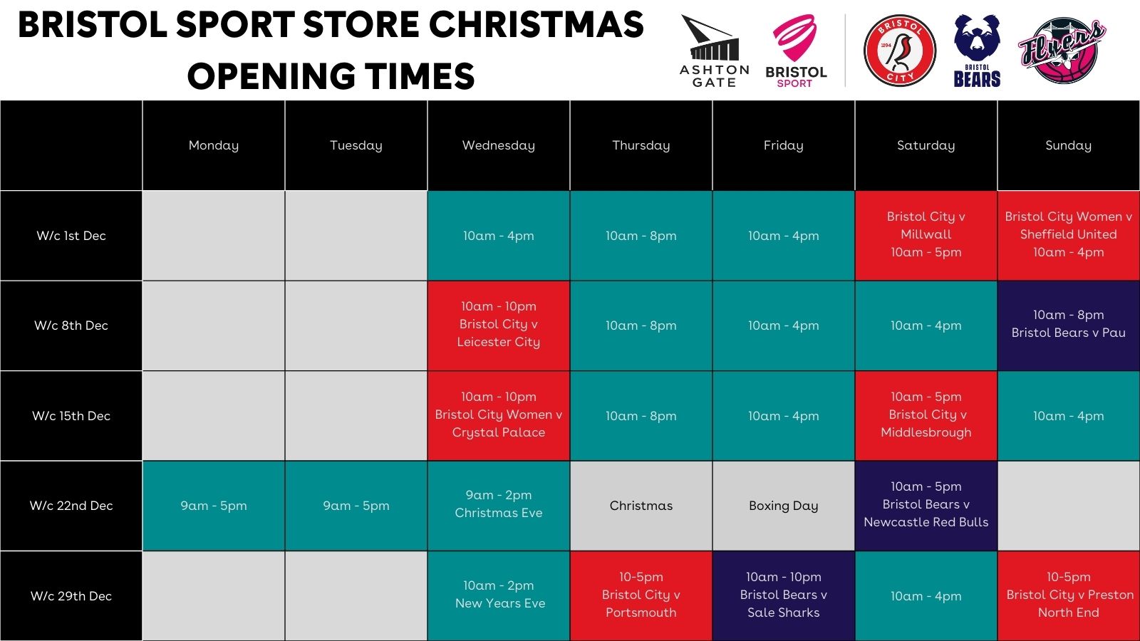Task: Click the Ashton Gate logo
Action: (714, 51)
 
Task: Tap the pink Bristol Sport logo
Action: (796, 51)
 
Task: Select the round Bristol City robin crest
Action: (900, 51)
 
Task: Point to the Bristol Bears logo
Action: (977, 51)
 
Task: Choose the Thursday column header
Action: (641, 145)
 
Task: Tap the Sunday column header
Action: (1069, 145)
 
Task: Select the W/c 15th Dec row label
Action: (71, 416)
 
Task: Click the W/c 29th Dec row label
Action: (71, 595)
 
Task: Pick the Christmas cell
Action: (641, 506)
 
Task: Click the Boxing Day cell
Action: (784, 506)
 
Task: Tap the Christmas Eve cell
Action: (499, 506)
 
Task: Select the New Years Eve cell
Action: (499, 595)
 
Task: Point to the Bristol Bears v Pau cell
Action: (1069, 325)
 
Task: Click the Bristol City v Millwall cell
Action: (926, 236)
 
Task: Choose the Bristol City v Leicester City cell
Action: (499, 325)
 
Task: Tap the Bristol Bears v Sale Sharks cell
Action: (784, 595)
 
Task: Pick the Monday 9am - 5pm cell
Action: (214, 506)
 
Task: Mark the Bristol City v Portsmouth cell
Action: (641, 595)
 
